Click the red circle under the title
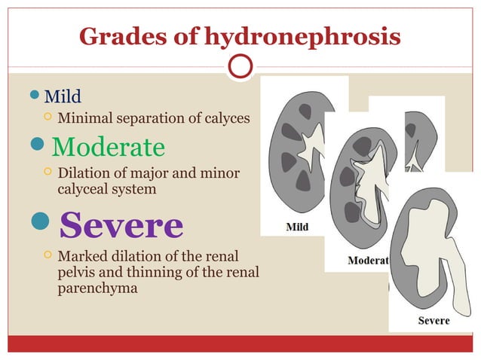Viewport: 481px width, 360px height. pyautogui.click(x=240, y=68)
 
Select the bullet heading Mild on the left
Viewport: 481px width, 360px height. pyautogui.click(x=63, y=97)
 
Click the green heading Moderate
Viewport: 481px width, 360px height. pyautogui.click(x=109, y=145)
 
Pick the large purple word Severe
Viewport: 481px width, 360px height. pyautogui.click(x=121, y=224)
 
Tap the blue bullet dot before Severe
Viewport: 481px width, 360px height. pyautogui.click(x=41, y=224)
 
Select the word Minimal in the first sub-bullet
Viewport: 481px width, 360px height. pyautogui.click(x=85, y=118)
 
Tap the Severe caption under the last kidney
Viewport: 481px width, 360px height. pyautogui.click(x=434, y=320)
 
